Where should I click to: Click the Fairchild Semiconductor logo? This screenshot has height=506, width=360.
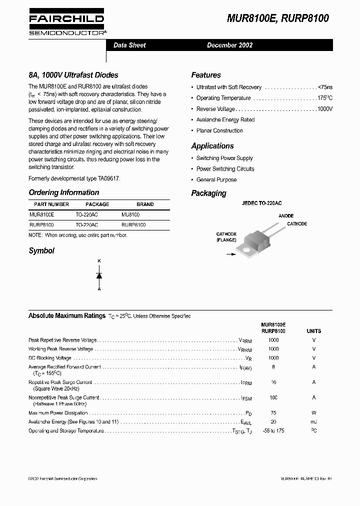66,23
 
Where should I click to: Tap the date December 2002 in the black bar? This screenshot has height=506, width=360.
229,45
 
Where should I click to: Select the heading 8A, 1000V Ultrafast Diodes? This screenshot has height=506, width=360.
73,75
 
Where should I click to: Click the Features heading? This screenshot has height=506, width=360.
205,75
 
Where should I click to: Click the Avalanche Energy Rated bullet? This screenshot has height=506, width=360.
225,120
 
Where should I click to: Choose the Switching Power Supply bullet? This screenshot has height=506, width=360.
224,158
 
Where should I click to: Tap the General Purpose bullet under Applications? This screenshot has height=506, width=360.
216,179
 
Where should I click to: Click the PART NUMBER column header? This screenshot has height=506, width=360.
51,204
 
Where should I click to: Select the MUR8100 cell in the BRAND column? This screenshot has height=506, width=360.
131,214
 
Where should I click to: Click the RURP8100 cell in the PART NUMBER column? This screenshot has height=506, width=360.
41,225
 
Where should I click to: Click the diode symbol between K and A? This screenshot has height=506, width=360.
99,275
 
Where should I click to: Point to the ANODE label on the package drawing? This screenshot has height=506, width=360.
286,216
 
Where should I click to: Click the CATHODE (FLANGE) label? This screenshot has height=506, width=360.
226,237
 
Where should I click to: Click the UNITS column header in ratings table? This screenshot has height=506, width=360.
313,331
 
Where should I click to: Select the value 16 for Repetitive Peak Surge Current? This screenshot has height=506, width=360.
273,382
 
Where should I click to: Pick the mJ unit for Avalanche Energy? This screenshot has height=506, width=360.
313,422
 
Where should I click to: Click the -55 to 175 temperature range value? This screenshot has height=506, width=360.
273,431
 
